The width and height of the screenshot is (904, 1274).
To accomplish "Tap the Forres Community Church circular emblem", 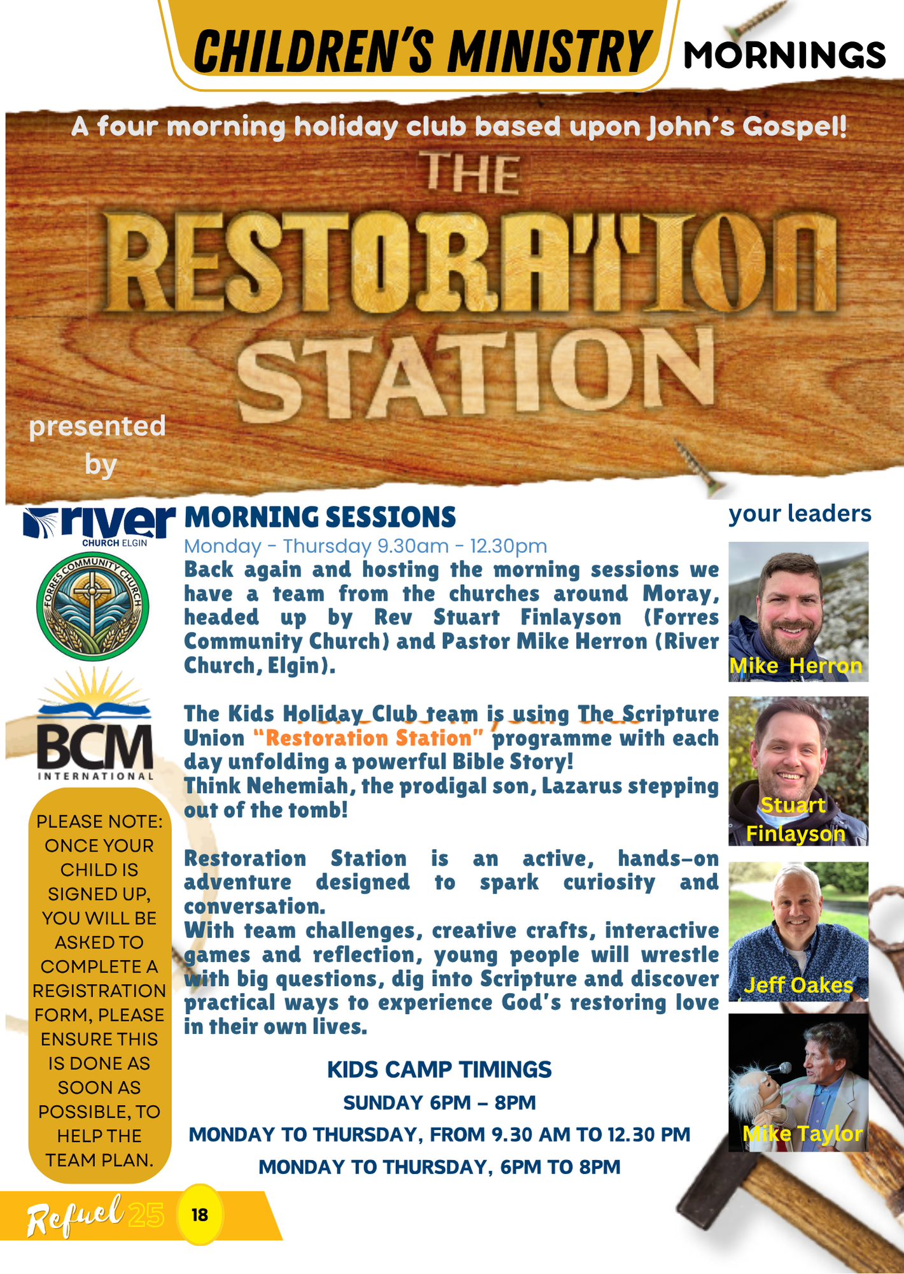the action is coord(93,606).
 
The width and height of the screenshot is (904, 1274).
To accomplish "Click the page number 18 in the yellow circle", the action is coord(200,1214).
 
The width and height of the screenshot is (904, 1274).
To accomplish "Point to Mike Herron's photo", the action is coord(798,612).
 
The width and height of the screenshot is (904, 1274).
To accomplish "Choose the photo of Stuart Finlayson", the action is coord(798,771).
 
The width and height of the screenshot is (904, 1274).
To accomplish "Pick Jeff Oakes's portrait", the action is coord(798,931).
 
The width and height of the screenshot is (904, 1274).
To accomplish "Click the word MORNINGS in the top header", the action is coord(784,55).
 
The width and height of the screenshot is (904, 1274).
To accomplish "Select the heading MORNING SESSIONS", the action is coord(320,517).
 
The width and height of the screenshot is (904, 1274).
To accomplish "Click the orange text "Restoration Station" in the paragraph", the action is coord(368,738).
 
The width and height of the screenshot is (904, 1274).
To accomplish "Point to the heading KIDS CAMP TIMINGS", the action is coord(439,1070).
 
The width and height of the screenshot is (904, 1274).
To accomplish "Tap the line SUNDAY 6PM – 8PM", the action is coord(439,1103).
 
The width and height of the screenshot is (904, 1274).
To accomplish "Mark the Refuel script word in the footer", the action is coord(75,1215).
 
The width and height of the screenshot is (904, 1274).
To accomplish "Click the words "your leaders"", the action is coord(800,513).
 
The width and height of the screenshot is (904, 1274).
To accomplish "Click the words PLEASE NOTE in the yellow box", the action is coord(99,821).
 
